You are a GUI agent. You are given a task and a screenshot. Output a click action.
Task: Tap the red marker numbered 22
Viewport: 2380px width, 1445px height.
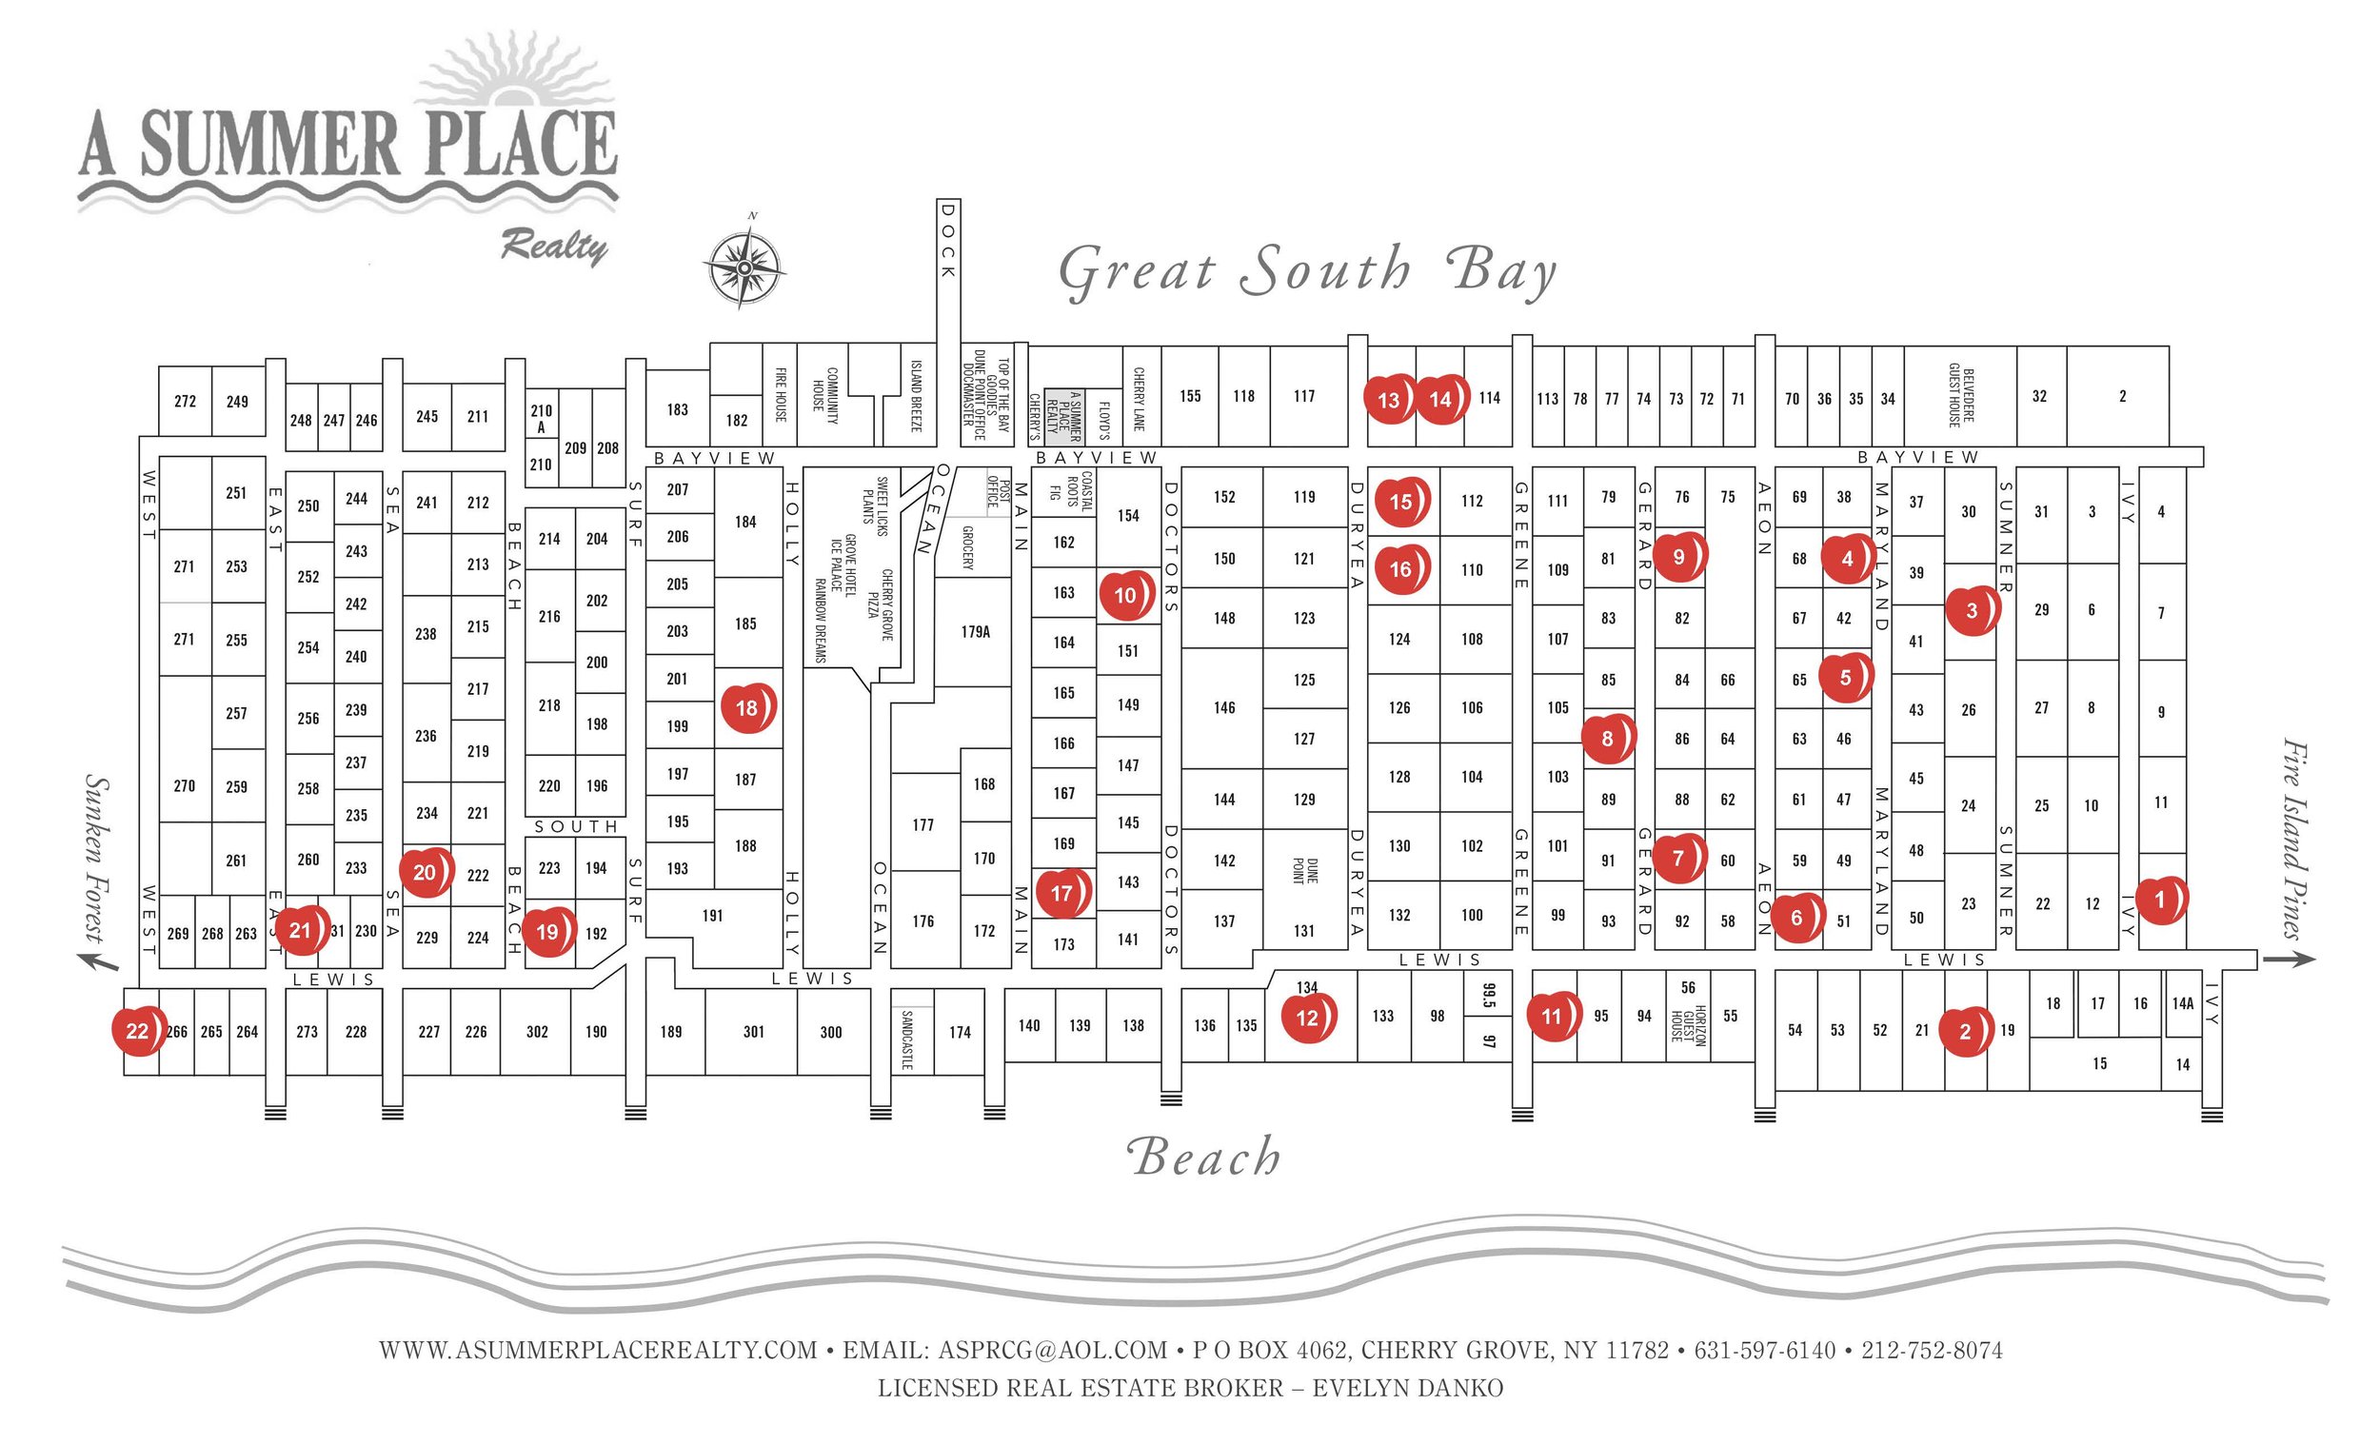[138, 1031]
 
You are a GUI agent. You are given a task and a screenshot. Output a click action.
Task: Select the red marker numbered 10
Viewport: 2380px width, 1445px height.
[1125, 595]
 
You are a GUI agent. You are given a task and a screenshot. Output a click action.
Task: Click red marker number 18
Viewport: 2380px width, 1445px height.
[747, 708]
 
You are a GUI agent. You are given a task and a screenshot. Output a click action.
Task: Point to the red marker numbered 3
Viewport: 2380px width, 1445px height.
[1972, 610]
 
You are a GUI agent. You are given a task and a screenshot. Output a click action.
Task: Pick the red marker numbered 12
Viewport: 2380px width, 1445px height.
[1307, 1017]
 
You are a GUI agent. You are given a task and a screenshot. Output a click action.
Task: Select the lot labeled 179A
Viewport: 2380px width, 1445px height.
[975, 632]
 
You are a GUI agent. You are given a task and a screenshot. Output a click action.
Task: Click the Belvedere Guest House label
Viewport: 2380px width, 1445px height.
[1961, 396]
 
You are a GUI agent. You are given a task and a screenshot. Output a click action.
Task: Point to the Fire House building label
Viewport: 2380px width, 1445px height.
[781, 395]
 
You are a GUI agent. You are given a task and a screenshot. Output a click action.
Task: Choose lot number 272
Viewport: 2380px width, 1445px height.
[185, 401]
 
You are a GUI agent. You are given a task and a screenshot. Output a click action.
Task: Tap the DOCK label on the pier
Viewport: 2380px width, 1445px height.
[947, 242]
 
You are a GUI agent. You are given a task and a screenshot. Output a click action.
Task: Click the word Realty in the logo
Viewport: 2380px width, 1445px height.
[553, 247]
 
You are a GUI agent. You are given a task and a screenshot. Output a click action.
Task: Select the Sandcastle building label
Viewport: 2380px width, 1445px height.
[907, 1039]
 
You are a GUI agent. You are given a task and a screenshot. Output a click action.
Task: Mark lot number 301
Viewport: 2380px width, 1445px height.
[753, 1032]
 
